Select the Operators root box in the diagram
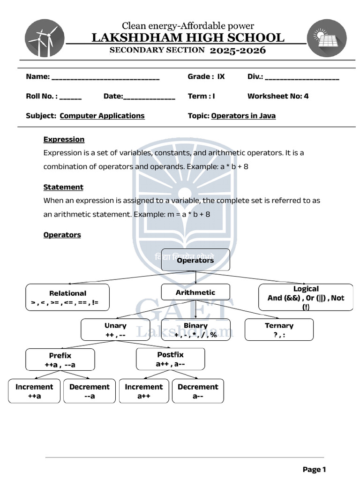tap(195, 260)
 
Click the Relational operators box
tap(67, 298)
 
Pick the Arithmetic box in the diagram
tap(195, 292)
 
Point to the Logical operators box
tap(306, 298)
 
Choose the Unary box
tap(115, 330)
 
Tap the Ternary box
tap(279, 330)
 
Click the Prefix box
tap(60, 360)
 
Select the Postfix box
tap(170, 359)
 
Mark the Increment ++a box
tap(34, 391)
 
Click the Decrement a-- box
tap(198, 391)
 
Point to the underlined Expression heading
tap(64, 139)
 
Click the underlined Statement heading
tap(63, 187)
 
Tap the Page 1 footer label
tap(314, 469)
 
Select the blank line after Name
tap(105, 77)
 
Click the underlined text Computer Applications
tap(102, 116)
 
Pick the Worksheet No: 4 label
tap(278, 96)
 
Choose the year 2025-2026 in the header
tap(238, 50)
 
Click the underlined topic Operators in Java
tap(243, 116)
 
